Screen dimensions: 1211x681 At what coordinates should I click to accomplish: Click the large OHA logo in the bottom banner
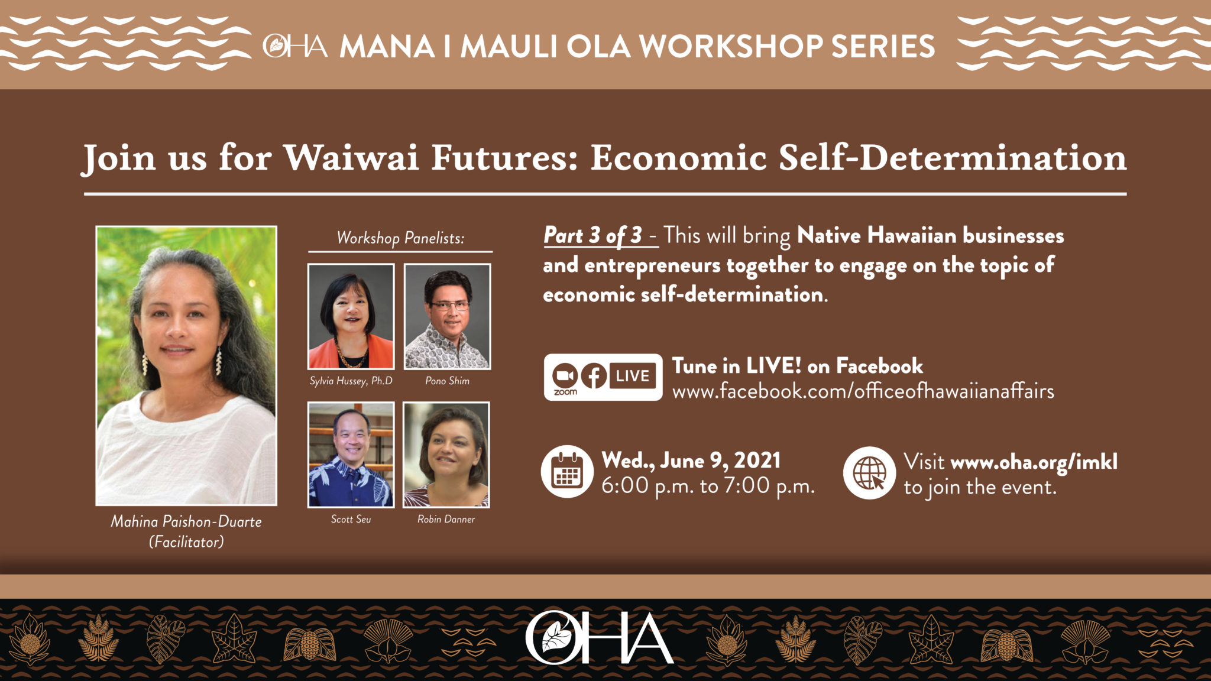[599, 638]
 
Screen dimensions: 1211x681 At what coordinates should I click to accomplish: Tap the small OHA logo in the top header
[295, 46]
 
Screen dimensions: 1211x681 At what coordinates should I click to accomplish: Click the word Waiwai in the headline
[351, 158]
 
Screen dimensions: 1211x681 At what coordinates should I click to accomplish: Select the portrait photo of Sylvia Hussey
[351, 316]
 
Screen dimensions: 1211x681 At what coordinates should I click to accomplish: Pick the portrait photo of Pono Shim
[447, 316]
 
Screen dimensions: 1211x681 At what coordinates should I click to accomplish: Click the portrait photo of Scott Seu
[351, 455]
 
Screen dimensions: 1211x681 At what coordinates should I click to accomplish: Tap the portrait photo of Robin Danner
[446, 455]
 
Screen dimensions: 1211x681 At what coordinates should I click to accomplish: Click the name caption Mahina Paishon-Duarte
[186, 521]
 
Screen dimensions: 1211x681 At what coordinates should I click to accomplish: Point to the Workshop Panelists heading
[400, 238]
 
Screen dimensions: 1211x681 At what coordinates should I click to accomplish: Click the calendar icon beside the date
[567, 472]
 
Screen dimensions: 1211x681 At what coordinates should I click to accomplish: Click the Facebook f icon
[594, 376]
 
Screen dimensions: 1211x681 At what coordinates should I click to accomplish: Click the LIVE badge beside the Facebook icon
[633, 376]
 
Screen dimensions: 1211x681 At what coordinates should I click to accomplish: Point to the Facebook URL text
[863, 391]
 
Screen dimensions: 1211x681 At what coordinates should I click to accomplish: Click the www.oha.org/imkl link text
[1034, 462]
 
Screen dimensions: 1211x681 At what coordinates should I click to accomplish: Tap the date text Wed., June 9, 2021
[691, 461]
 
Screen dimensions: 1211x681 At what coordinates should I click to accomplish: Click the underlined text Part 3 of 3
[592, 235]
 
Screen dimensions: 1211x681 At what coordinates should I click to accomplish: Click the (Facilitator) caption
[186, 541]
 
